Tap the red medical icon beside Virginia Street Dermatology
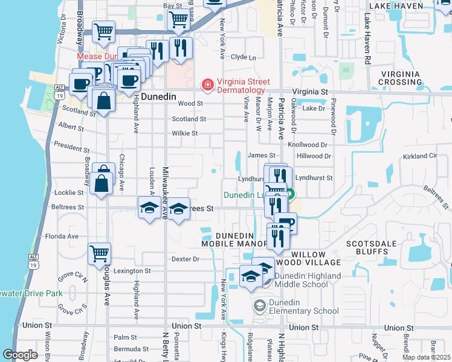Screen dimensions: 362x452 click(208, 84)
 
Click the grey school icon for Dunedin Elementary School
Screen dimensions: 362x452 click(260, 306)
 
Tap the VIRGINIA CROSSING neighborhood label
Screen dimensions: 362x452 click(400, 78)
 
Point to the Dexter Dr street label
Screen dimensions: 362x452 click(186, 259)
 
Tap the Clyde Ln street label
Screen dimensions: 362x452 click(244, 57)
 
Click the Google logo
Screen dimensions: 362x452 click(20, 355)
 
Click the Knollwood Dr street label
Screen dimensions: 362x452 click(308, 145)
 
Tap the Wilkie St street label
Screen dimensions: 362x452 click(185, 133)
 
